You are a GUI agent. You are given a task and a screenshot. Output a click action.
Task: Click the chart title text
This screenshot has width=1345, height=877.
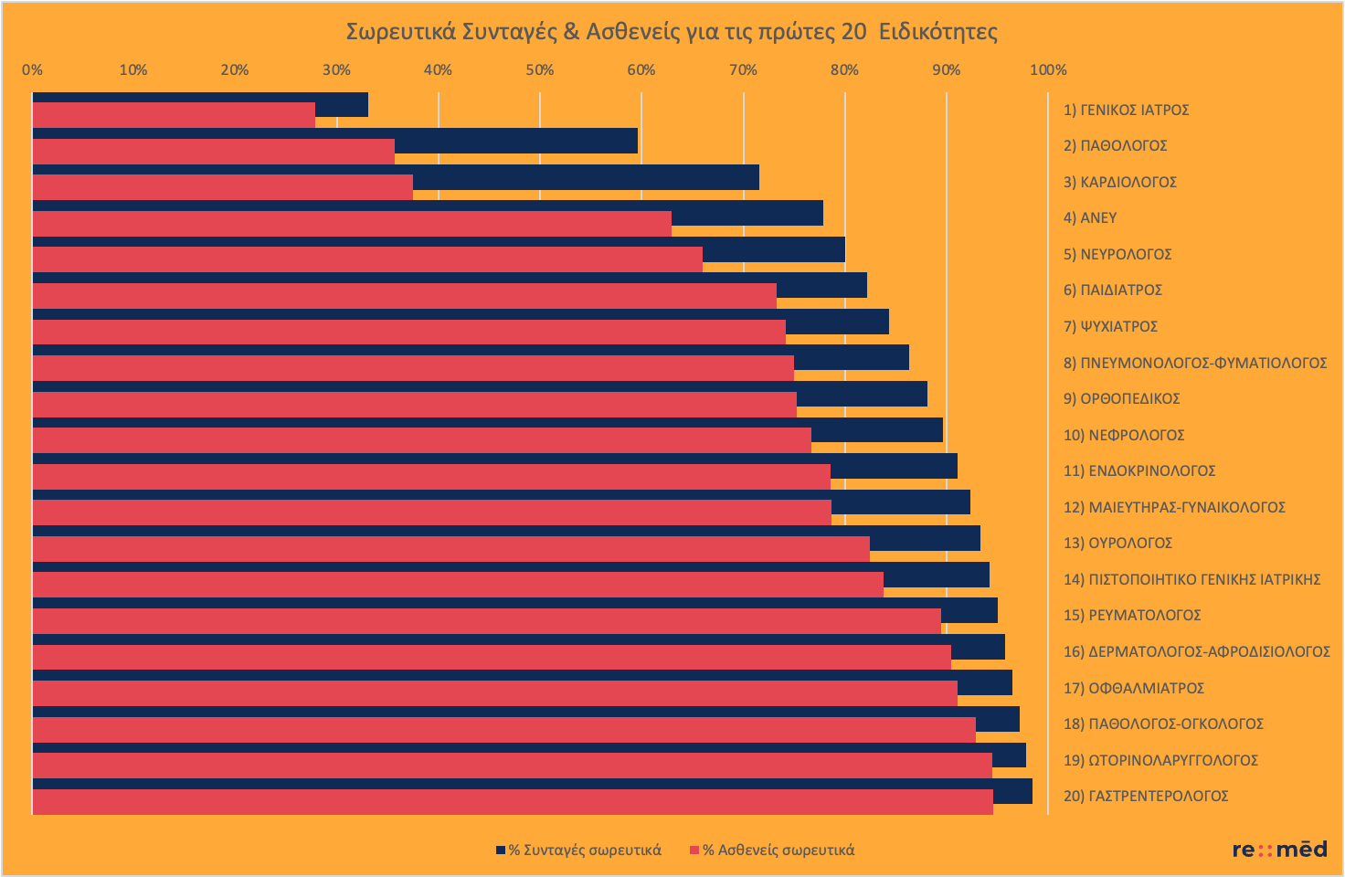(x=672, y=32)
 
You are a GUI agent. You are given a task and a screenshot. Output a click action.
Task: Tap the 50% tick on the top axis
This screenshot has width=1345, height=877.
(x=539, y=70)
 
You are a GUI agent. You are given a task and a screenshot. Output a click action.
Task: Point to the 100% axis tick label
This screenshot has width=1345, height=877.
(x=1047, y=70)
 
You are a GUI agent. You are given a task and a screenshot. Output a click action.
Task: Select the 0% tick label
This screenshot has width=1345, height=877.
(x=32, y=70)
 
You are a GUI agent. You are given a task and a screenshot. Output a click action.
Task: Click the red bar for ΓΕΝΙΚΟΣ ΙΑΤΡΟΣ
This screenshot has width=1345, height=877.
(x=174, y=115)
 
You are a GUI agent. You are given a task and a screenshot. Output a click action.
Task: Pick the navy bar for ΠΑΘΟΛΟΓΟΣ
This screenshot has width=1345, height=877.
(x=516, y=140)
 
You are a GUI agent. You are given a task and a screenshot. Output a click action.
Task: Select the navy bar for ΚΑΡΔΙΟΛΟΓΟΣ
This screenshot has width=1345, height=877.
(x=585, y=176)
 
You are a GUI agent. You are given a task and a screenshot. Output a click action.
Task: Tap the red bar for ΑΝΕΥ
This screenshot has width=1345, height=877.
(x=352, y=224)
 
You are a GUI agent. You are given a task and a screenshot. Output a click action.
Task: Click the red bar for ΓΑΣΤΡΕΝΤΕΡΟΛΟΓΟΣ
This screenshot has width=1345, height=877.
(x=512, y=802)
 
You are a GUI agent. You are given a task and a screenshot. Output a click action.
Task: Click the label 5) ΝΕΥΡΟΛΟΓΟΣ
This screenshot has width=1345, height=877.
(x=1117, y=254)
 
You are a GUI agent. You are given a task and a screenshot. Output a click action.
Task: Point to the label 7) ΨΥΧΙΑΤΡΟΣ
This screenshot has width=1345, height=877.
(x=1110, y=326)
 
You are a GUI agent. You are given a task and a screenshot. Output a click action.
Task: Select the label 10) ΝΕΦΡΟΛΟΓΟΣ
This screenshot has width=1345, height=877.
(x=1123, y=435)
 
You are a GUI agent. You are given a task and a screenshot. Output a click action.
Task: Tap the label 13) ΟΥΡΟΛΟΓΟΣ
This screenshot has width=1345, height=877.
(x=1117, y=543)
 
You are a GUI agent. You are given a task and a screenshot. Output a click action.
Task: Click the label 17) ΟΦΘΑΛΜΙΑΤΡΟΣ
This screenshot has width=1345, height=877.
(x=1133, y=688)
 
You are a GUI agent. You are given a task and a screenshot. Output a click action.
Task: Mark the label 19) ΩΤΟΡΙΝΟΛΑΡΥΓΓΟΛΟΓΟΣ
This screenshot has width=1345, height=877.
(x=1160, y=760)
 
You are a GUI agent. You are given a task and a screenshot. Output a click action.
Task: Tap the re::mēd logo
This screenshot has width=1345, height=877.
(x=1279, y=850)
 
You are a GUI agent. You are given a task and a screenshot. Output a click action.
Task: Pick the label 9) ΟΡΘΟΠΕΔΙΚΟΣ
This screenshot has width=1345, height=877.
(x=1121, y=398)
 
